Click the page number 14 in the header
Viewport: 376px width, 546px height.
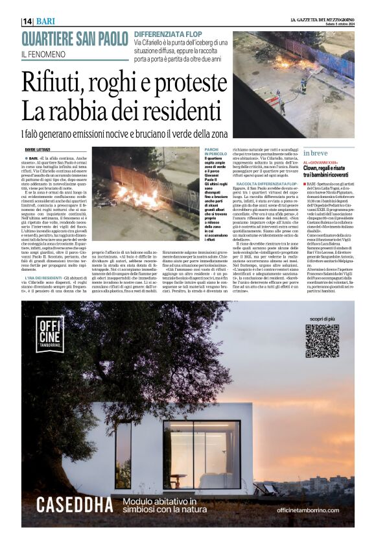coord(28,21)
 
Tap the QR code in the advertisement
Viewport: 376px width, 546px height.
coord(322,341)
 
